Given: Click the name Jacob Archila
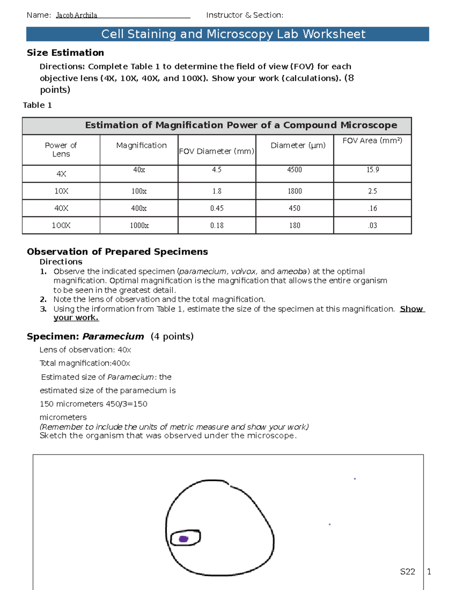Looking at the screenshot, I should click(76, 15).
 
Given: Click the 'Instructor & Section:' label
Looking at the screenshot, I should click(244, 15).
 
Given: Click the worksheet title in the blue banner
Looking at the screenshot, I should click(233, 34).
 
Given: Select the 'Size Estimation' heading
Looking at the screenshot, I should click(65, 53).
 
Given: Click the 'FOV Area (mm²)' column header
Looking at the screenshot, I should click(372, 141).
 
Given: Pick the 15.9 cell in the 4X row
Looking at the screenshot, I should click(372, 170).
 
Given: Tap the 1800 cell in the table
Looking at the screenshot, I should click(294, 191).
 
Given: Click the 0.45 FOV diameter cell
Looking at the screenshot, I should click(217, 208).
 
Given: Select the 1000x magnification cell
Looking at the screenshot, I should click(139, 225).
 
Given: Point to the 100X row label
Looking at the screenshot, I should click(61, 225).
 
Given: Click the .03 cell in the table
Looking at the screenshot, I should click(372, 225).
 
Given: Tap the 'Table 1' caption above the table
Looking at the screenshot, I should click(37, 105).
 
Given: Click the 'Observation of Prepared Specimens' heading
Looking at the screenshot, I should click(117, 252).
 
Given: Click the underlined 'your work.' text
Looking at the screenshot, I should click(76, 318).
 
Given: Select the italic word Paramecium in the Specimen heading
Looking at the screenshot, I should click(113, 337).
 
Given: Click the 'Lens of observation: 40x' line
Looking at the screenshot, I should click(85, 350).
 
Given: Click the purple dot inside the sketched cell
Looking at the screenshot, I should click(184, 539).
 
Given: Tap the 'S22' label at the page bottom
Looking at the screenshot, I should click(407, 572).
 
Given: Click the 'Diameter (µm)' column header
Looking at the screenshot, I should click(298, 146).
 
